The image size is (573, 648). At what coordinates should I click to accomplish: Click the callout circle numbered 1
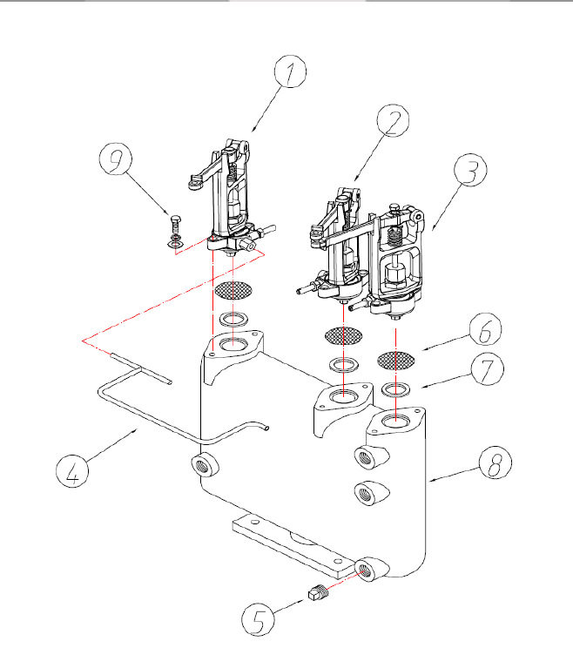[x=291, y=71]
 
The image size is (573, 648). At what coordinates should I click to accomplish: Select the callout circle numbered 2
[x=393, y=120]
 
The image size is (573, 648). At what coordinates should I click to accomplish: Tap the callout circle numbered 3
[x=470, y=170]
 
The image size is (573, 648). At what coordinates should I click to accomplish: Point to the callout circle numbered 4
[x=72, y=470]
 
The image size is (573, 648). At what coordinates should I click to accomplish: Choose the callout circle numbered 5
[x=258, y=618]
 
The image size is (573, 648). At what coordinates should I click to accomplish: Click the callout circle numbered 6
[x=485, y=329]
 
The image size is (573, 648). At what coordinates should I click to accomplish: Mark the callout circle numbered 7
[x=487, y=368]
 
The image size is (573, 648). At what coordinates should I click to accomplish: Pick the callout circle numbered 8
[x=495, y=462]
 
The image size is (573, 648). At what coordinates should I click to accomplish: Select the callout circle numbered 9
[x=116, y=159]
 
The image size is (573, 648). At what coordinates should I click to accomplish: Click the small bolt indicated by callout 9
[x=176, y=232]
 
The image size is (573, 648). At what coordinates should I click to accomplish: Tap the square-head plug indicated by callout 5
[x=318, y=592]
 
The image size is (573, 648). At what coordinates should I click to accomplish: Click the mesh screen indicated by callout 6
[x=396, y=361]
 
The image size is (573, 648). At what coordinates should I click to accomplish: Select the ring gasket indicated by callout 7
[x=395, y=389]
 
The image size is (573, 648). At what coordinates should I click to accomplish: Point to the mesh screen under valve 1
[x=233, y=290]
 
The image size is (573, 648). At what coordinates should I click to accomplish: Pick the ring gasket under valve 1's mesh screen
[x=233, y=319]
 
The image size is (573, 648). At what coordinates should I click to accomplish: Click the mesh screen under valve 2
[x=344, y=335]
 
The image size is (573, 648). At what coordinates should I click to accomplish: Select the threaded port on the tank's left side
[x=206, y=464]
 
